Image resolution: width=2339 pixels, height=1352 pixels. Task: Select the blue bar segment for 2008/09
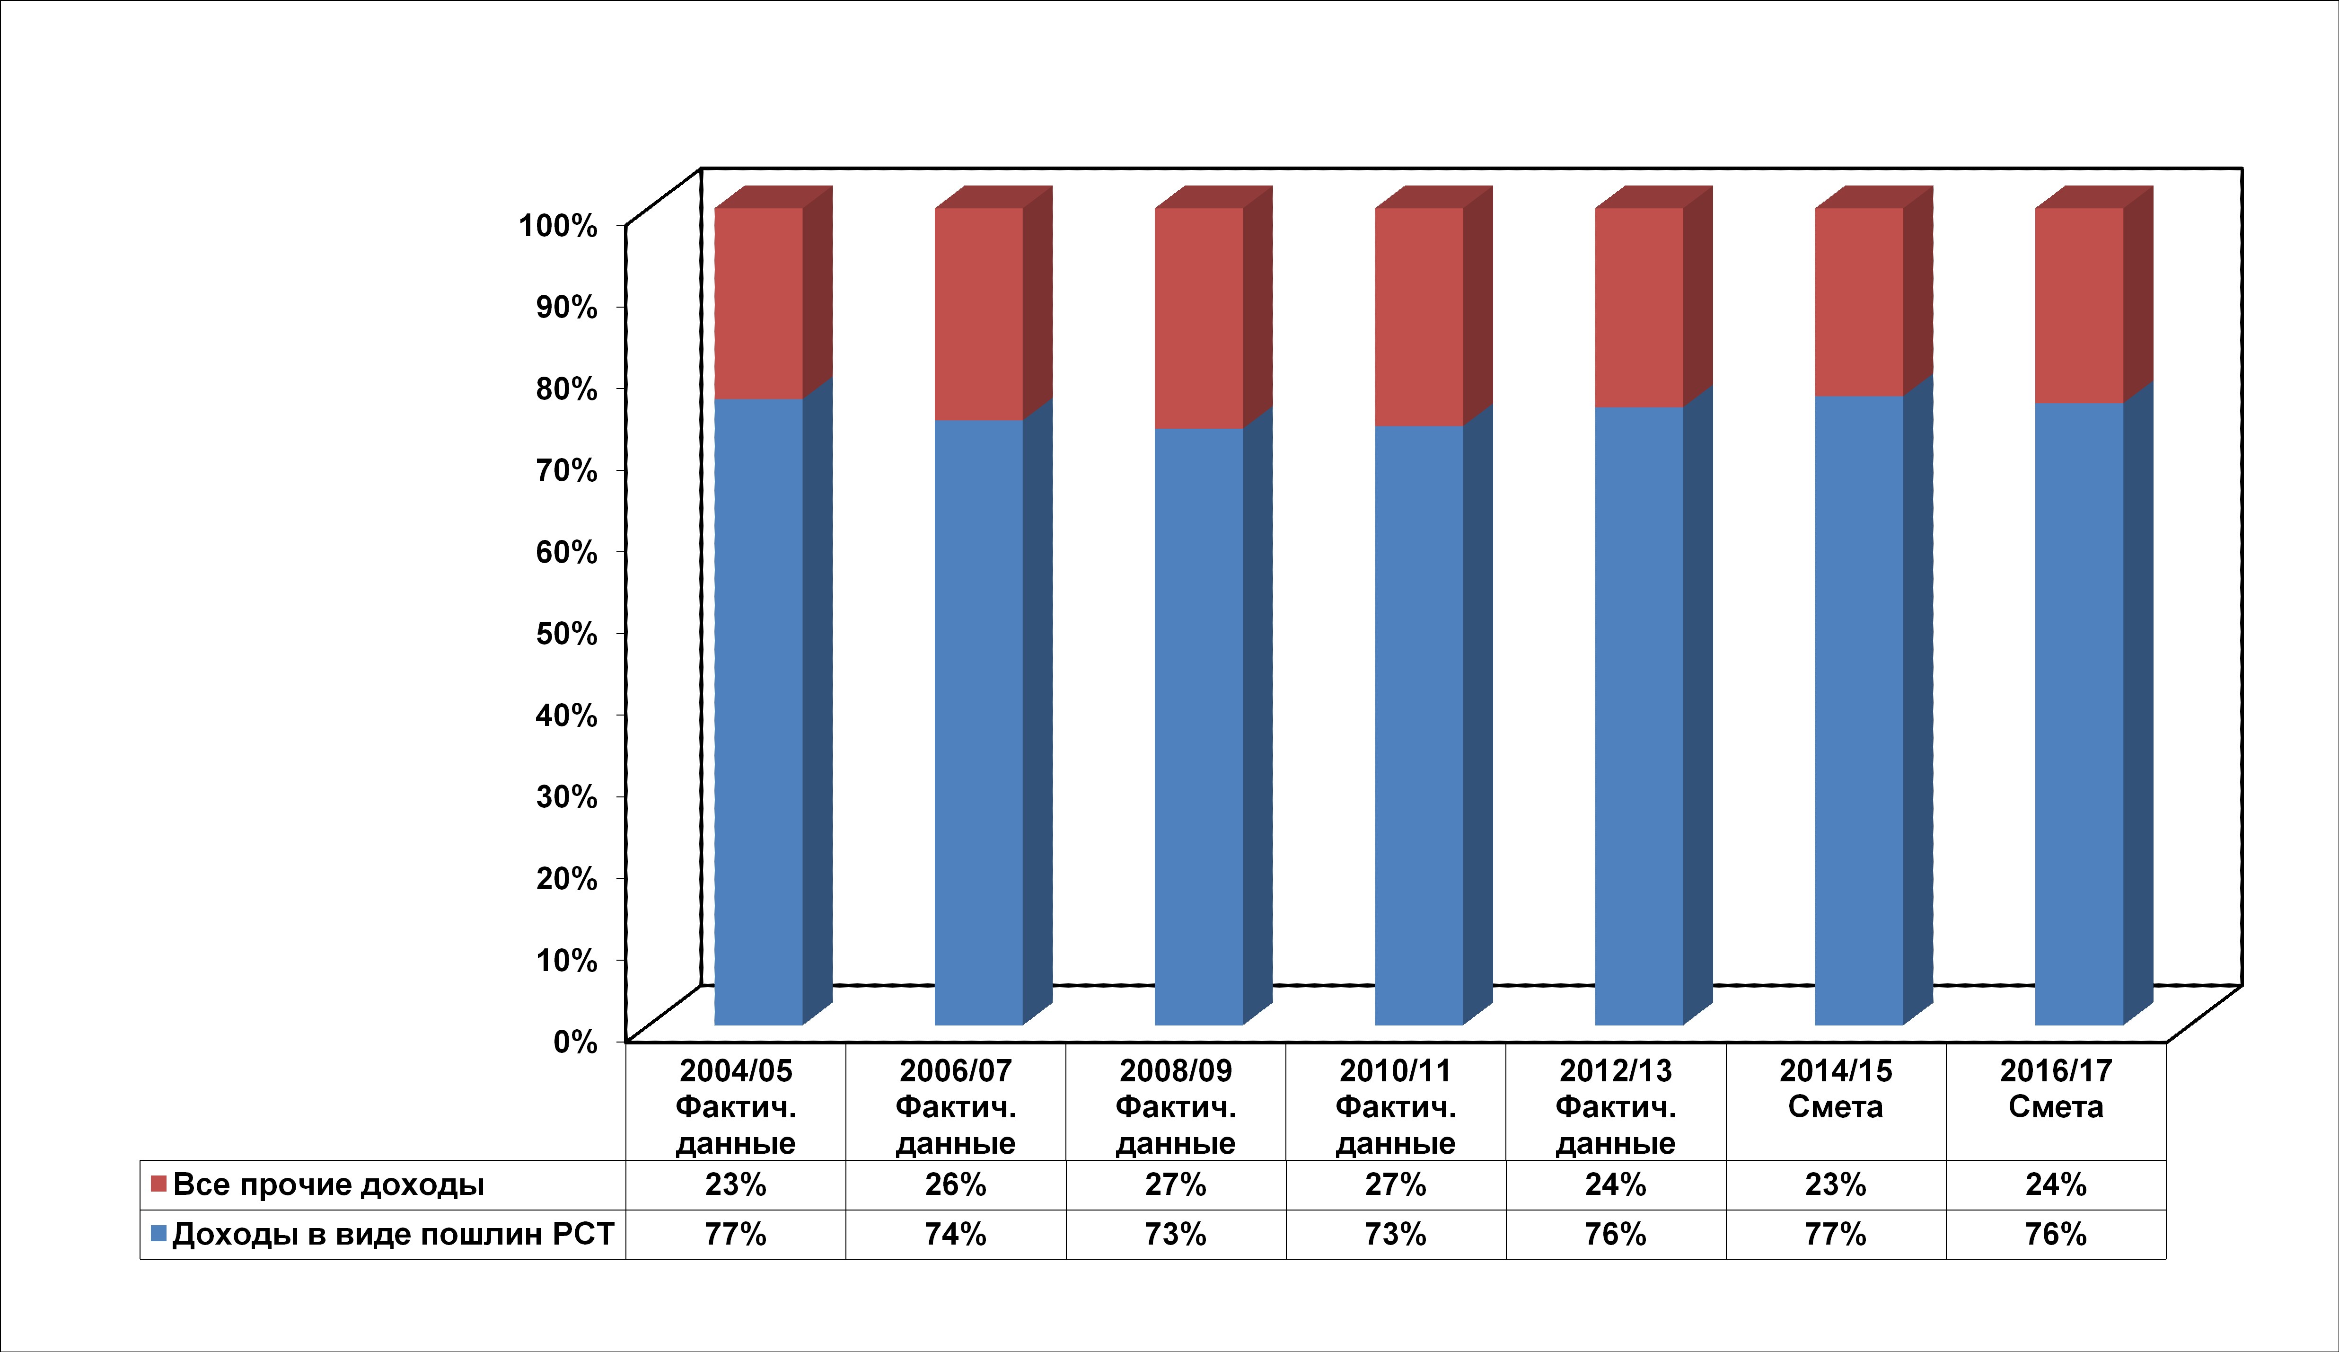click(1198, 726)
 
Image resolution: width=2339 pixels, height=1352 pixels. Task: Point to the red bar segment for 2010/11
click(1418, 317)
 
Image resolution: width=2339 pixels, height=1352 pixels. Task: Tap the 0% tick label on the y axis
click(575, 1041)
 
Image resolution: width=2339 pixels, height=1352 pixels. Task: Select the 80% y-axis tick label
click(566, 388)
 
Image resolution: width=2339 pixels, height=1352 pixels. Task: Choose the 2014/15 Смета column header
click(1835, 1088)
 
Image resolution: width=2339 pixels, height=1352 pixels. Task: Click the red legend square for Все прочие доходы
click(158, 1184)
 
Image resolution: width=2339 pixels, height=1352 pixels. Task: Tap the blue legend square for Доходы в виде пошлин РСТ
click(158, 1233)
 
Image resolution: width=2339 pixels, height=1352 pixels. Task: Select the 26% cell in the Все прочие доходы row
click(955, 1185)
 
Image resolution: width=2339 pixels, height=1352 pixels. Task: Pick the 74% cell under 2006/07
click(955, 1234)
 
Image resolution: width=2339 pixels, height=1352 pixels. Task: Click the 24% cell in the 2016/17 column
click(2056, 1185)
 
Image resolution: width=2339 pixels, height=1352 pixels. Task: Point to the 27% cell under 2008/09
click(1175, 1185)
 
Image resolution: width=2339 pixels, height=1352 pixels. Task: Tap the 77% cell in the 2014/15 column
click(1835, 1234)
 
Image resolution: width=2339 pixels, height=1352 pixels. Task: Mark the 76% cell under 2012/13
click(1615, 1234)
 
